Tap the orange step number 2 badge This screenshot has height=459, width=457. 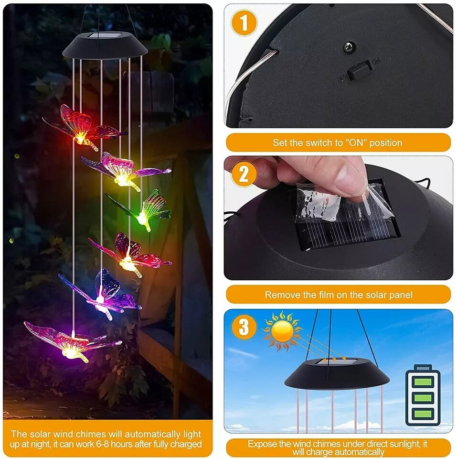point(244,175)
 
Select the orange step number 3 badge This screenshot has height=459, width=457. point(244,328)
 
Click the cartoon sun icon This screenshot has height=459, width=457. point(282,331)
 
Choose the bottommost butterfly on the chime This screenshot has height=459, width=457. point(72,342)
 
